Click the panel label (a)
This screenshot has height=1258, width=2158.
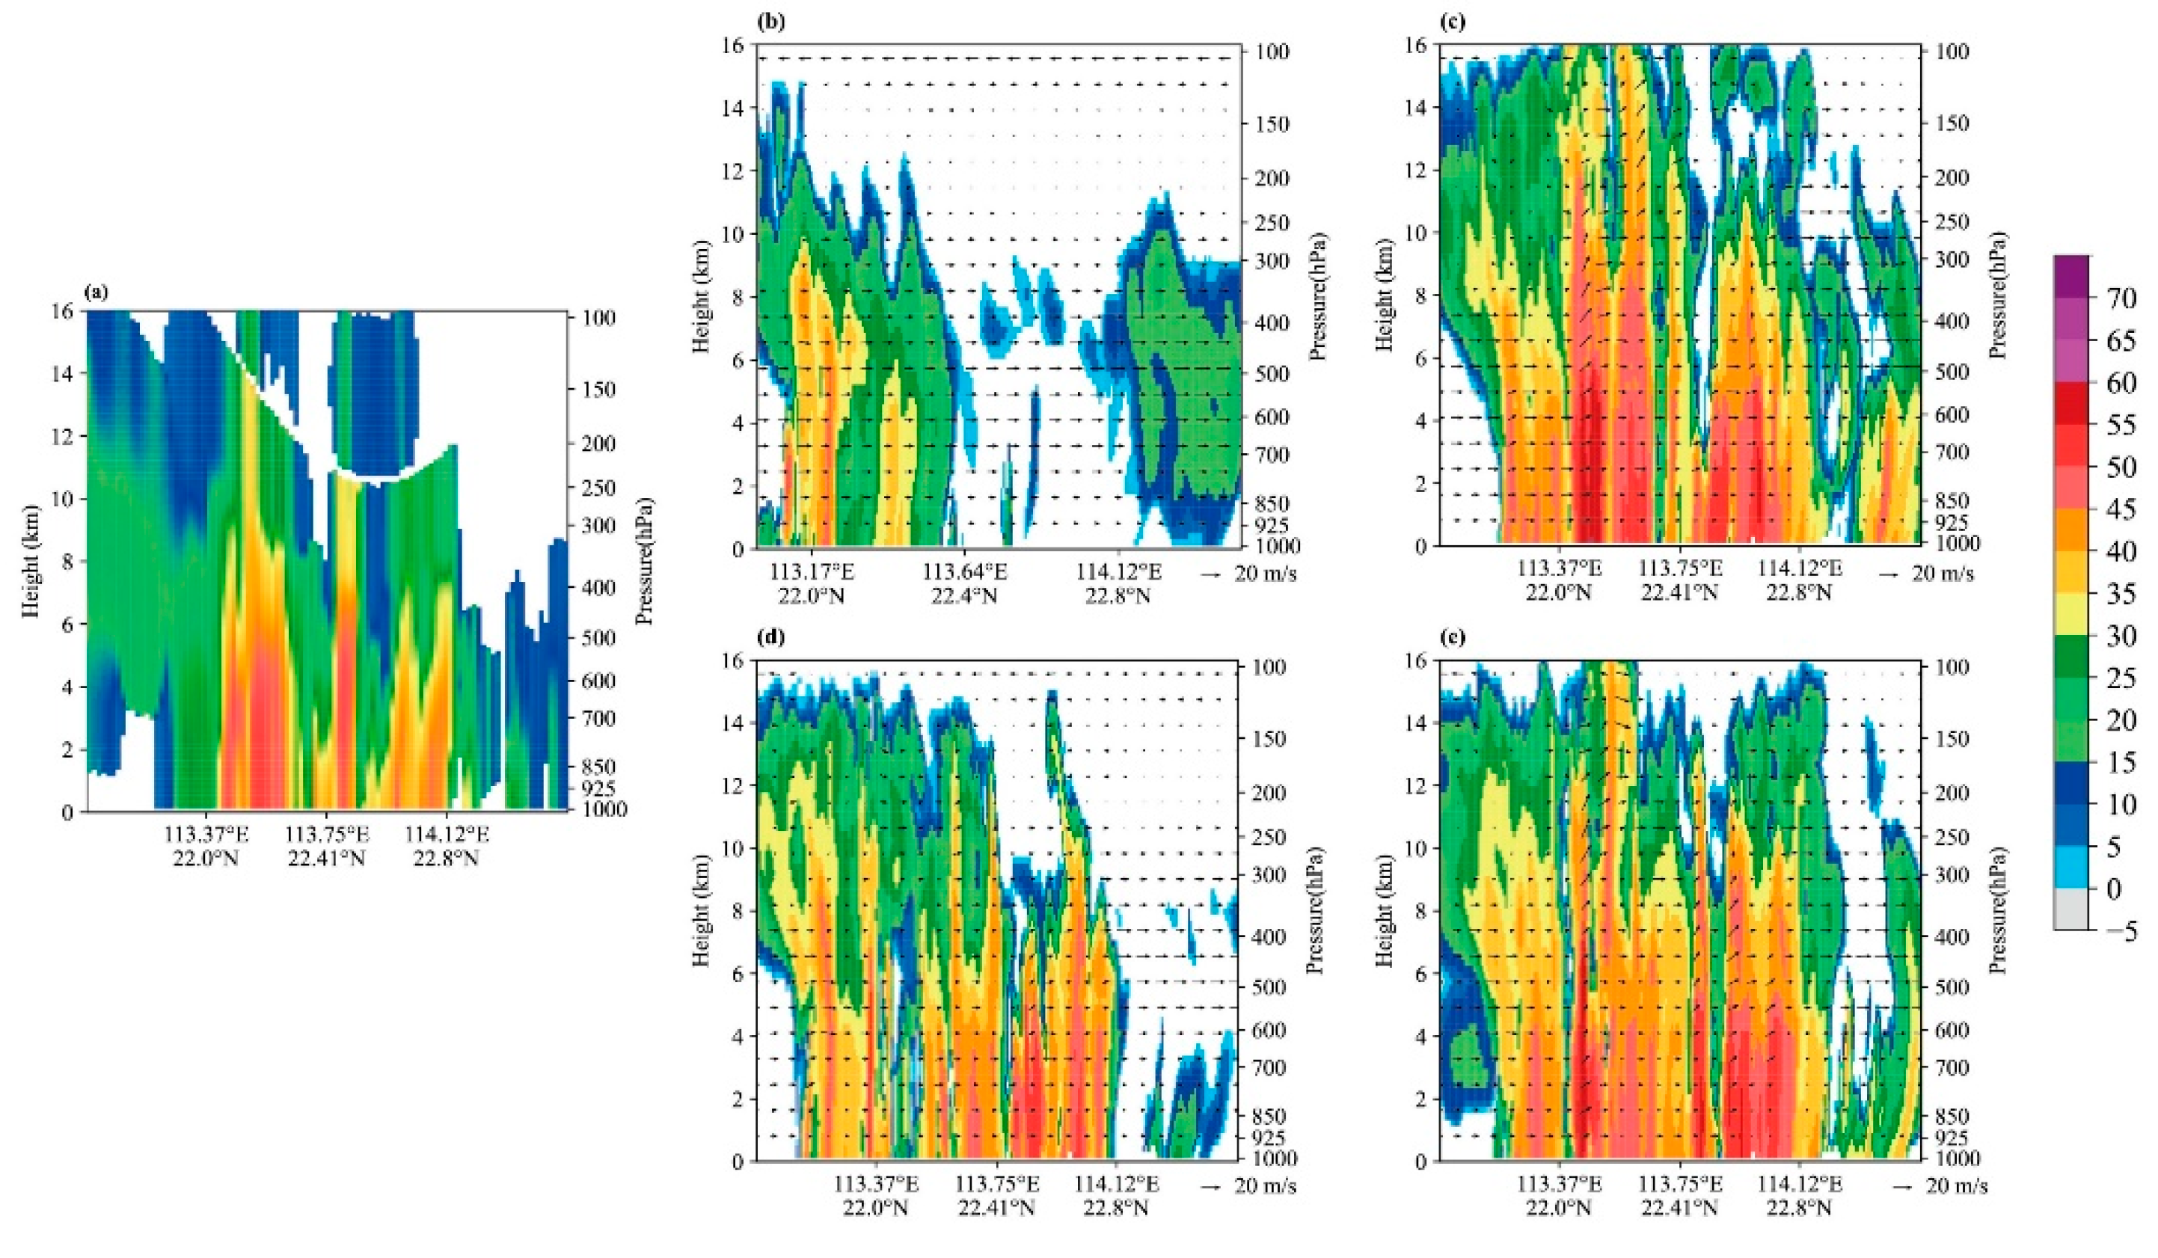[x=96, y=293]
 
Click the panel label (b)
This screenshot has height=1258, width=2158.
[x=768, y=23]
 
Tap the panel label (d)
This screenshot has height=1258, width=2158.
[x=768, y=638]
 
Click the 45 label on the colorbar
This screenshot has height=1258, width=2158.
[x=2121, y=509]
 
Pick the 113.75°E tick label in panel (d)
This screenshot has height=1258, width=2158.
[x=997, y=1185]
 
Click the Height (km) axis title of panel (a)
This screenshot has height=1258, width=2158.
[x=31, y=561]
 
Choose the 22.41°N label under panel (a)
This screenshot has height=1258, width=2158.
[x=326, y=858]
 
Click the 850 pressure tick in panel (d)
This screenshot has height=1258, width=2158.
[x=1269, y=1117]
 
